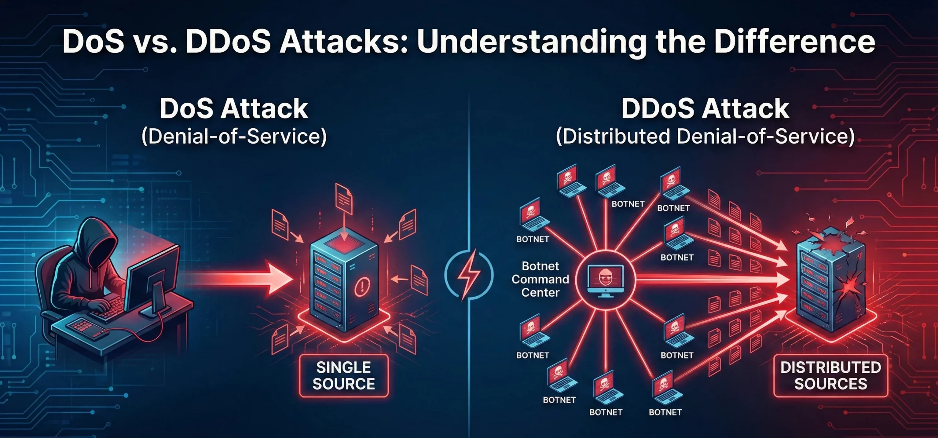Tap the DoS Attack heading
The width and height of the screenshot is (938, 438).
pyautogui.click(x=234, y=109)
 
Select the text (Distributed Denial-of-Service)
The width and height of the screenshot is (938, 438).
pyautogui.click(x=705, y=137)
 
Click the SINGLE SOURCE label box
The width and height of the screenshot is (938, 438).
pyautogui.click(x=344, y=376)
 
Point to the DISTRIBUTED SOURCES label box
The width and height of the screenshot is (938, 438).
pyautogui.click(x=830, y=376)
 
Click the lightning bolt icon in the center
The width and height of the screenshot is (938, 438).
pyautogui.click(x=469, y=274)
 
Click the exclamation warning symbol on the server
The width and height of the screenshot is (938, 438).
pyautogui.click(x=362, y=285)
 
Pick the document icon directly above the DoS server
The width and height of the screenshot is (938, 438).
pyautogui.click(x=344, y=200)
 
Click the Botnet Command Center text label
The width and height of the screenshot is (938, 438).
pyautogui.click(x=540, y=279)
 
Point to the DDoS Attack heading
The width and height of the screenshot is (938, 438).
pyautogui.click(x=705, y=109)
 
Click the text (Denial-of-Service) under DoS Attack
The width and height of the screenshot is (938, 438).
pyautogui.click(x=234, y=137)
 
